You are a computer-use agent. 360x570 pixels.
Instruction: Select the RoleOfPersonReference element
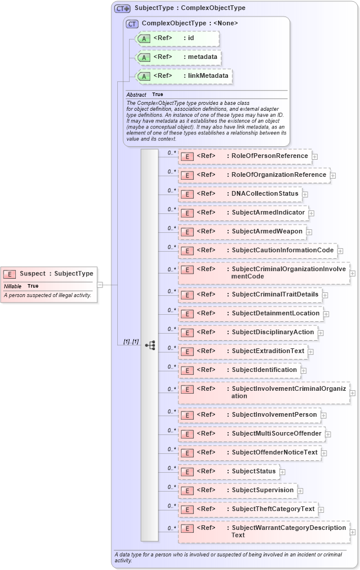click(245, 156)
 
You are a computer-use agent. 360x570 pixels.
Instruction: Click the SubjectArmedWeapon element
click(242, 232)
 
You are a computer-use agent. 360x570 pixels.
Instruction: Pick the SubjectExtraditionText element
click(242, 351)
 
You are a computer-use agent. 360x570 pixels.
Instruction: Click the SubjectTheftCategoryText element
click(247, 509)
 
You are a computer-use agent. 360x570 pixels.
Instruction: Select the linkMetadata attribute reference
click(183, 76)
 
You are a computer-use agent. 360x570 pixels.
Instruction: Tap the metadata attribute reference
click(179, 57)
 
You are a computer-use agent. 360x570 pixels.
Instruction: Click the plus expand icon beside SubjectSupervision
click(300, 490)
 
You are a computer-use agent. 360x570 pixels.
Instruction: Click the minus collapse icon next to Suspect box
click(100, 285)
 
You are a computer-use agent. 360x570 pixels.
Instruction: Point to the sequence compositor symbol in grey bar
click(150, 345)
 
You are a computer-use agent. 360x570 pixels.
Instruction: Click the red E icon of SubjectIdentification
click(187, 370)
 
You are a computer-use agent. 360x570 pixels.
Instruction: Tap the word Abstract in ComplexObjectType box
click(136, 94)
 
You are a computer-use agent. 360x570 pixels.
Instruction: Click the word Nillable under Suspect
click(13, 286)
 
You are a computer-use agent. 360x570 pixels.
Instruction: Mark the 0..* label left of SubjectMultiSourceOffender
click(171, 430)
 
